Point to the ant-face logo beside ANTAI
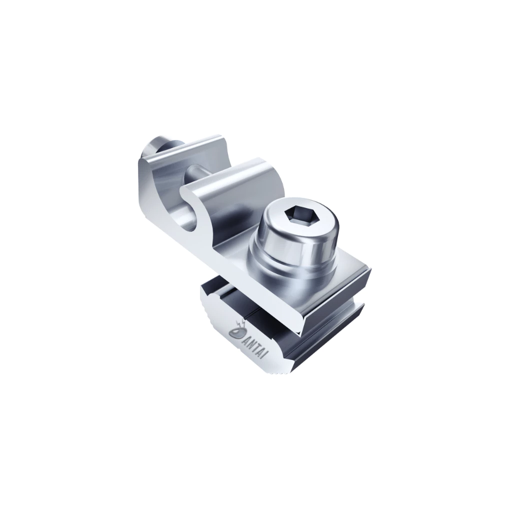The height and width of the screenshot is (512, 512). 236,332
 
